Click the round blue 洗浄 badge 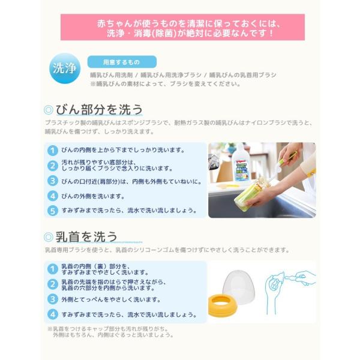(x=65, y=68)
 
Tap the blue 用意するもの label (x=122, y=62)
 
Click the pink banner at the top (x=182, y=28)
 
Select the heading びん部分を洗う (x=99, y=109)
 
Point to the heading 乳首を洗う (x=86, y=236)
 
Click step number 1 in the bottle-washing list (x=53, y=151)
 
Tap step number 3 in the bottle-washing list (x=53, y=181)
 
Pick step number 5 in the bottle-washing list (x=53, y=211)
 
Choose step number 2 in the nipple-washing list (x=53, y=284)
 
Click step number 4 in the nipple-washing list (x=53, y=314)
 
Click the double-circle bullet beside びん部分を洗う (x=48, y=110)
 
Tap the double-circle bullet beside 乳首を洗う (x=48, y=237)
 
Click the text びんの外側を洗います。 (x=93, y=196)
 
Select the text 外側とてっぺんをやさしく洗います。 (x=111, y=299)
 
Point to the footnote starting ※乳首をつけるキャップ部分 (x=110, y=332)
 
